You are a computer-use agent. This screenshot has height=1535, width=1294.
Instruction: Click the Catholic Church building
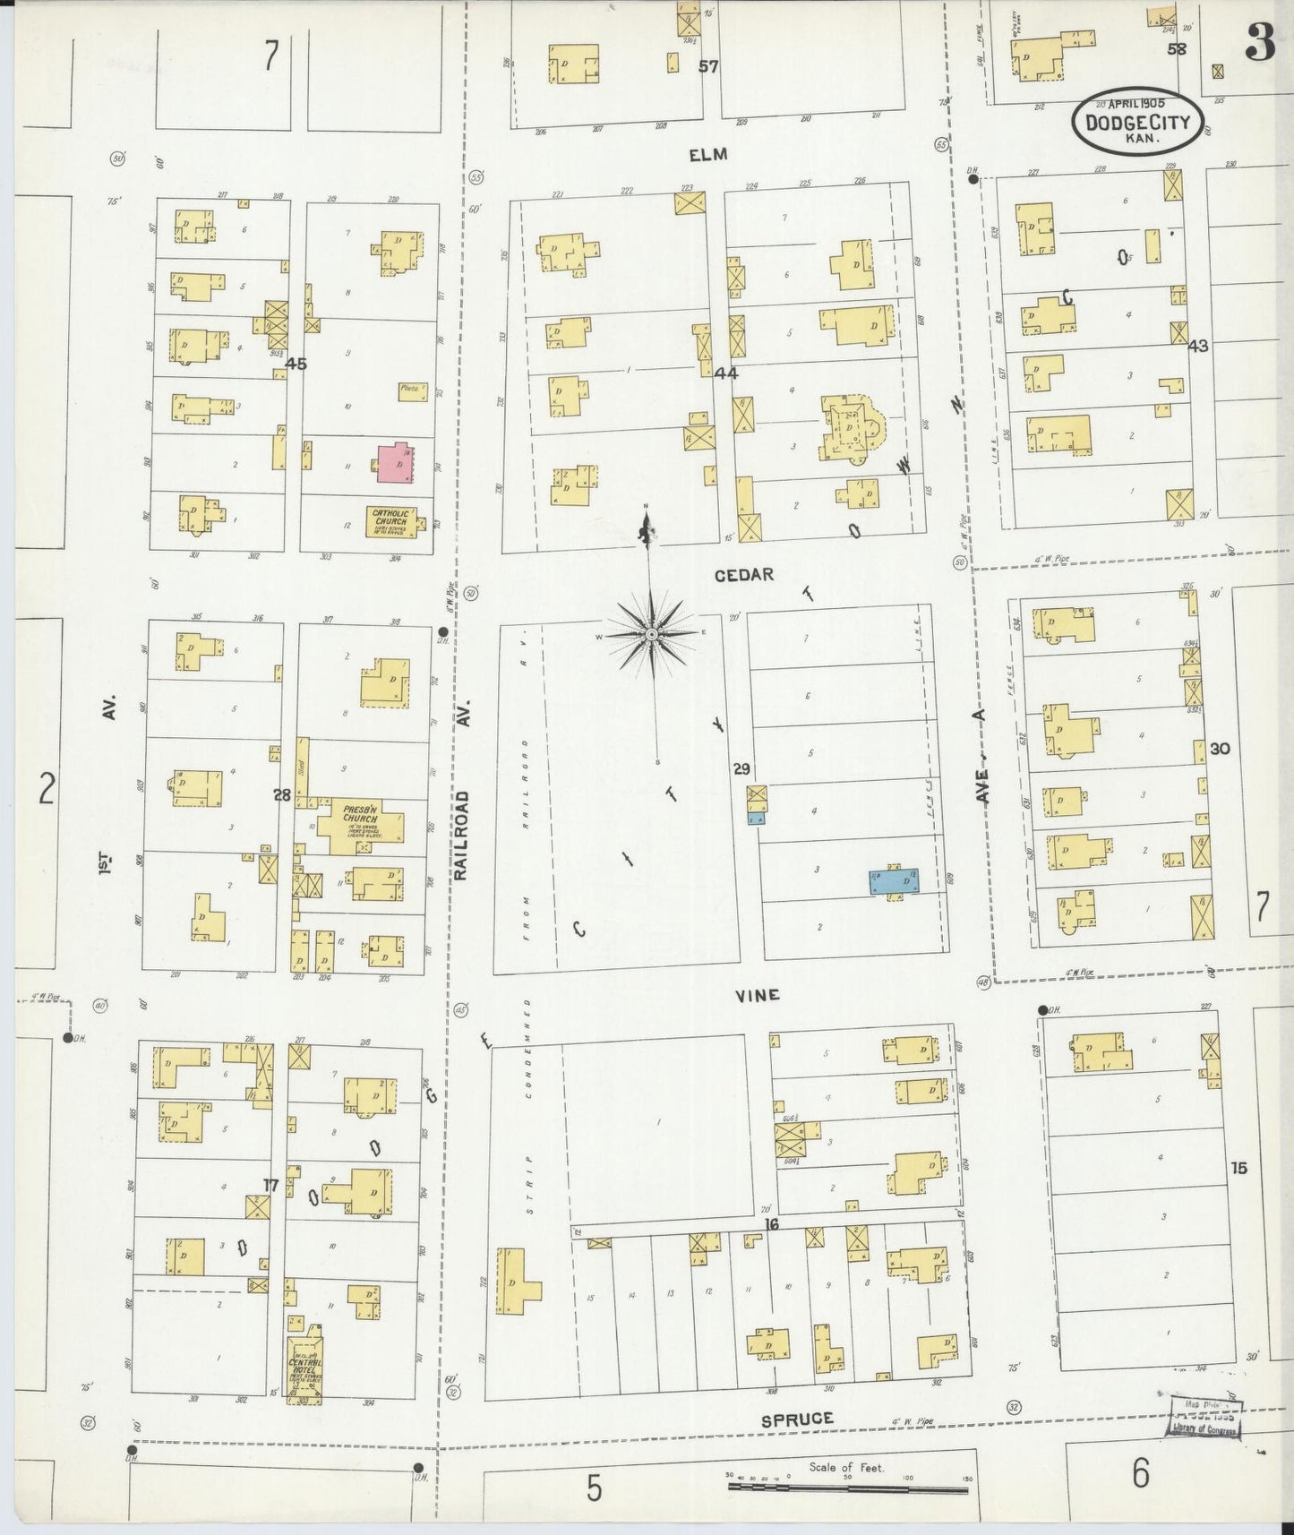390,521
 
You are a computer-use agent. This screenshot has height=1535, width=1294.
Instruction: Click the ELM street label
708,155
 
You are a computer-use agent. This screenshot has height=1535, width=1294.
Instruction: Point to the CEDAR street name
744,575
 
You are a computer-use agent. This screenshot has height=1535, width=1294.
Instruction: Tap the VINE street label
758,995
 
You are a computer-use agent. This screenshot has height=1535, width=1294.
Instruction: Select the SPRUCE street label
797,1419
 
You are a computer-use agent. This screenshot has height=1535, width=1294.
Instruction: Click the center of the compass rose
653,634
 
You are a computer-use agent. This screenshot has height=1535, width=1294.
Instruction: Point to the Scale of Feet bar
847,1488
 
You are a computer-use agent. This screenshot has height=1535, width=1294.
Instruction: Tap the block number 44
725,373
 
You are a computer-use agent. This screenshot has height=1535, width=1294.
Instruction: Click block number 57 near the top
708,66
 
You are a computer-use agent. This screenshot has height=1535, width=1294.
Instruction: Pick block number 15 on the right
1238,1168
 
